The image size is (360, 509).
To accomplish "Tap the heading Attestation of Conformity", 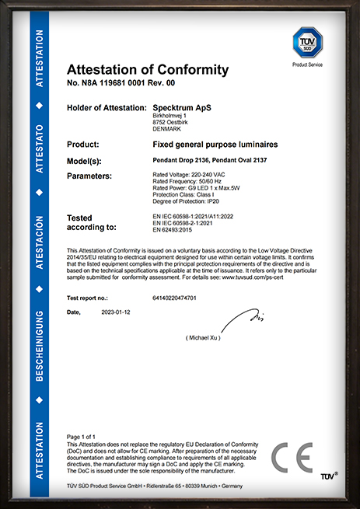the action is click(x=148, y=70).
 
